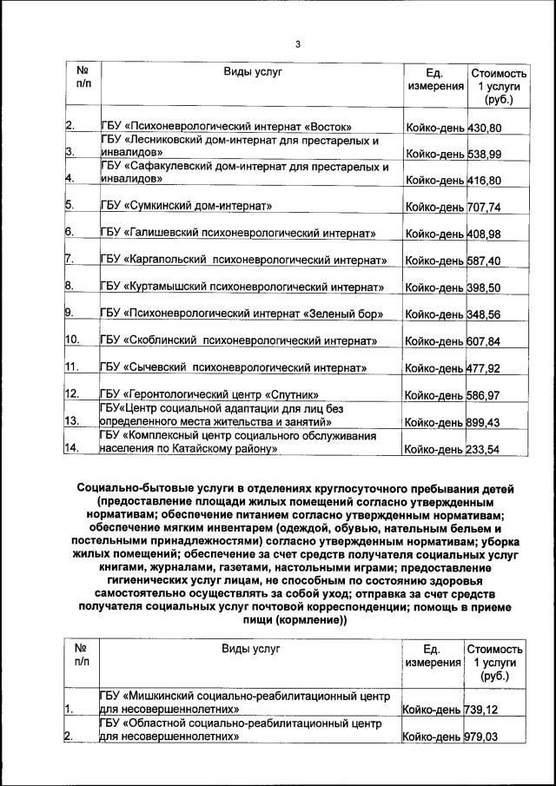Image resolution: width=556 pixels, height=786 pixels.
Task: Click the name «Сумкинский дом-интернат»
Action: click(187, 207)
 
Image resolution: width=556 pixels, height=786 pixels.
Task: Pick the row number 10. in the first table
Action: click(73, 341)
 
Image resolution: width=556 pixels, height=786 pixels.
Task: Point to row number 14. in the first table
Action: click(73, 450)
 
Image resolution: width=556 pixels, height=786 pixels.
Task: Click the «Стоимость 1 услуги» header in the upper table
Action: click(499, 87)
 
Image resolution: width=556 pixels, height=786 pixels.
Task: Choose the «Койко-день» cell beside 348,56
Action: click(435, 314)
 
